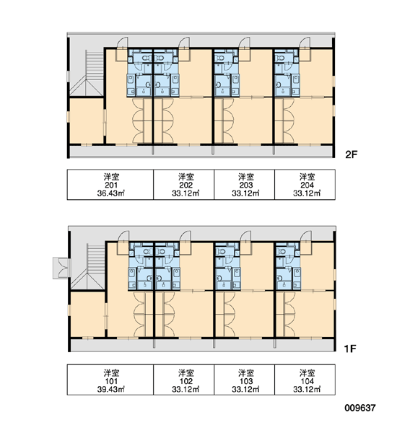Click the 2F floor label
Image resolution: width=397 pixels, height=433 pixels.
point(351,154)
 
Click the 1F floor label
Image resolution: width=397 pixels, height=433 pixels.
point(350,349)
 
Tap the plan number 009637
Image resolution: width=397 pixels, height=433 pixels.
point(360,408)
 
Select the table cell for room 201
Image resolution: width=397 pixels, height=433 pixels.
point(110,185)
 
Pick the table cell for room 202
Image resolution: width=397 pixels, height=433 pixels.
point(184,185)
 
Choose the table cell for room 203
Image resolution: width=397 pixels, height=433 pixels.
point(244,185)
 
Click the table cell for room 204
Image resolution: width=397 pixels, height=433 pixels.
point(305,185)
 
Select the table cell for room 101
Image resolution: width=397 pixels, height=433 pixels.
point(110,380)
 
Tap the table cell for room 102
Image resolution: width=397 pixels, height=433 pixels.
point(184,380)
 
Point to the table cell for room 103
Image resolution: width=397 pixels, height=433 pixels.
point(244,380)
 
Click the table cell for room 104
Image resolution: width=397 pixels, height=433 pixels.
point(305,380)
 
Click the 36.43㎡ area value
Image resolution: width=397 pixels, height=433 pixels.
point(110,193)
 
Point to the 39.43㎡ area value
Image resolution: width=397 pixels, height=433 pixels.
point(110,389)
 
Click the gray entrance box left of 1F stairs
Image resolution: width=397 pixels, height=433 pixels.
point(61,268)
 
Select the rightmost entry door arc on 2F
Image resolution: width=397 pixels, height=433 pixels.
point(305,43)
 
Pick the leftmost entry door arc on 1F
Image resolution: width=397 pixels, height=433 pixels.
point(123,237)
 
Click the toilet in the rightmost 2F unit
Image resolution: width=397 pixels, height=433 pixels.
point(281,58)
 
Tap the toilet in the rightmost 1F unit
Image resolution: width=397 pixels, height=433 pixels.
point(282,252)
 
